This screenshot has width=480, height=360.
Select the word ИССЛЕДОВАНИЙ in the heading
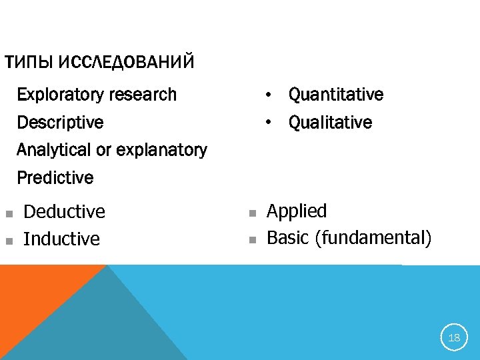126,63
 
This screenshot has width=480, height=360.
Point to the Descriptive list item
60,123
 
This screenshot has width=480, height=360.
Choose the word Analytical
55,150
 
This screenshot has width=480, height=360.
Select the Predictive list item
55,178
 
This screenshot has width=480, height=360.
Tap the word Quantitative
335,95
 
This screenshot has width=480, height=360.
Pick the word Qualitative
330,123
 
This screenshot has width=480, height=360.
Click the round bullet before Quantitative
267,95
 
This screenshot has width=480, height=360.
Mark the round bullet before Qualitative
267,123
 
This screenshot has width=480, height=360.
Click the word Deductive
64,212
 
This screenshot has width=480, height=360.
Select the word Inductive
61,239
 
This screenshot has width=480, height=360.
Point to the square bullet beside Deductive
9,214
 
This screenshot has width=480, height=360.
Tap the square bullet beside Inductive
9,241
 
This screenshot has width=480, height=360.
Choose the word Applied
297,212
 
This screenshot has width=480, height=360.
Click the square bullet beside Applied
252,213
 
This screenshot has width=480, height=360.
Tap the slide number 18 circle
454,337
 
